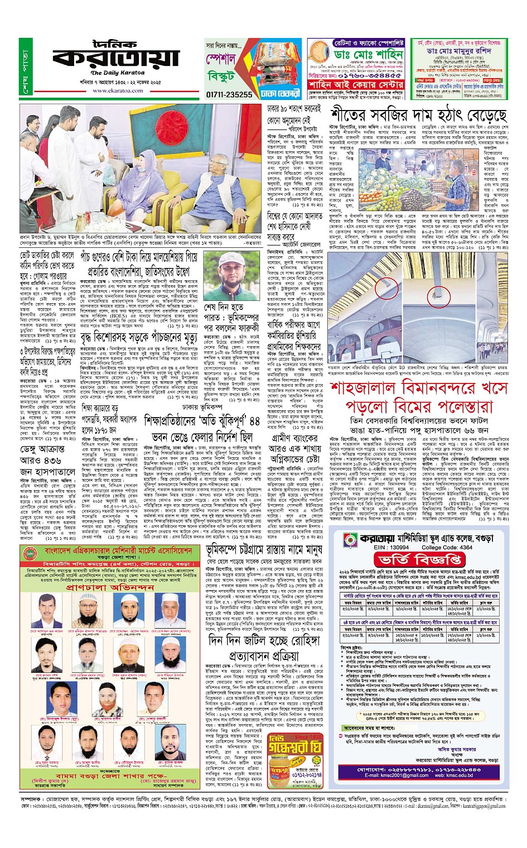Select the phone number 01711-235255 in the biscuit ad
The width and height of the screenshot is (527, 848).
tap(229, 94)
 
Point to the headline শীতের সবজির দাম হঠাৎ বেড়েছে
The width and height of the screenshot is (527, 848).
tap(418, 115)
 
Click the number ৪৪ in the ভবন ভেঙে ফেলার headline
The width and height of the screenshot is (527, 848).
tap(254, 420)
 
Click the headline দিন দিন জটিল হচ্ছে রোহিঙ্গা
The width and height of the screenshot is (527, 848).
tap(270, 641)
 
